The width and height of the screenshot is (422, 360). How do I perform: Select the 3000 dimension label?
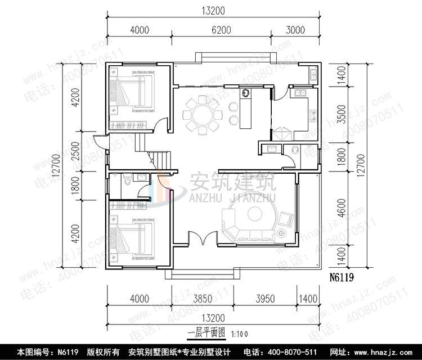click(300, 30)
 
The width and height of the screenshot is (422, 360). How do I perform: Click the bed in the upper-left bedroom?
click(134, 89)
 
